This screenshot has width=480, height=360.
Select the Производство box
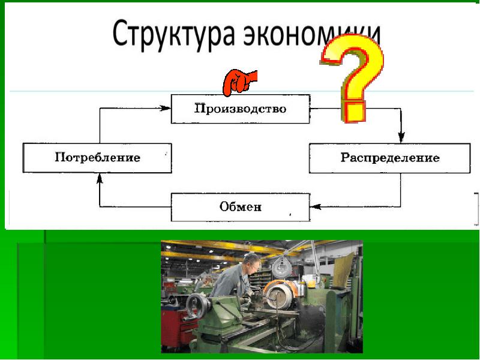pyautogui.click(x=240, y=109)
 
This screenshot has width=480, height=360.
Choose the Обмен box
pyautogui.click(x=240, y=208)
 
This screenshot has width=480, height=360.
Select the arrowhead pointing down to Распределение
pyautogui.click(x=401, y=137)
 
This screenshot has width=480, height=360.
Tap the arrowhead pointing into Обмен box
pyautogui.click(x=316, y=208)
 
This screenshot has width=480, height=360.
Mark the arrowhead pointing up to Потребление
pyautogui.click(x=100, y=178)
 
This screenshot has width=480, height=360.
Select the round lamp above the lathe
pyautogui.click(x=281, y=264)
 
